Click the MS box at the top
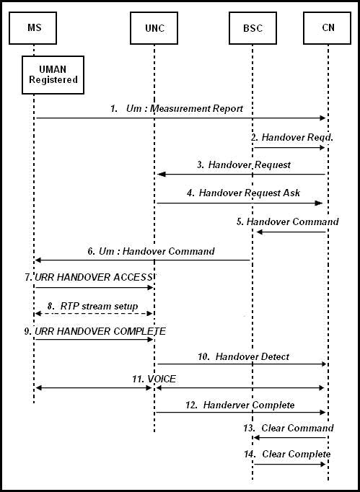point(33,27)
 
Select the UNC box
point(154,27)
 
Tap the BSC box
point(253,27)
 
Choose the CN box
point(328,27)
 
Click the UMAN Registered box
point(53,75)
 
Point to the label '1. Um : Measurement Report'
point(177,109)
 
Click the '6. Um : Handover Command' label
point(151,251)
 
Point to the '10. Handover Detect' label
point(242,356)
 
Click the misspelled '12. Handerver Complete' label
point(239,405)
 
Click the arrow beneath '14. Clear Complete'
point(289,464)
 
